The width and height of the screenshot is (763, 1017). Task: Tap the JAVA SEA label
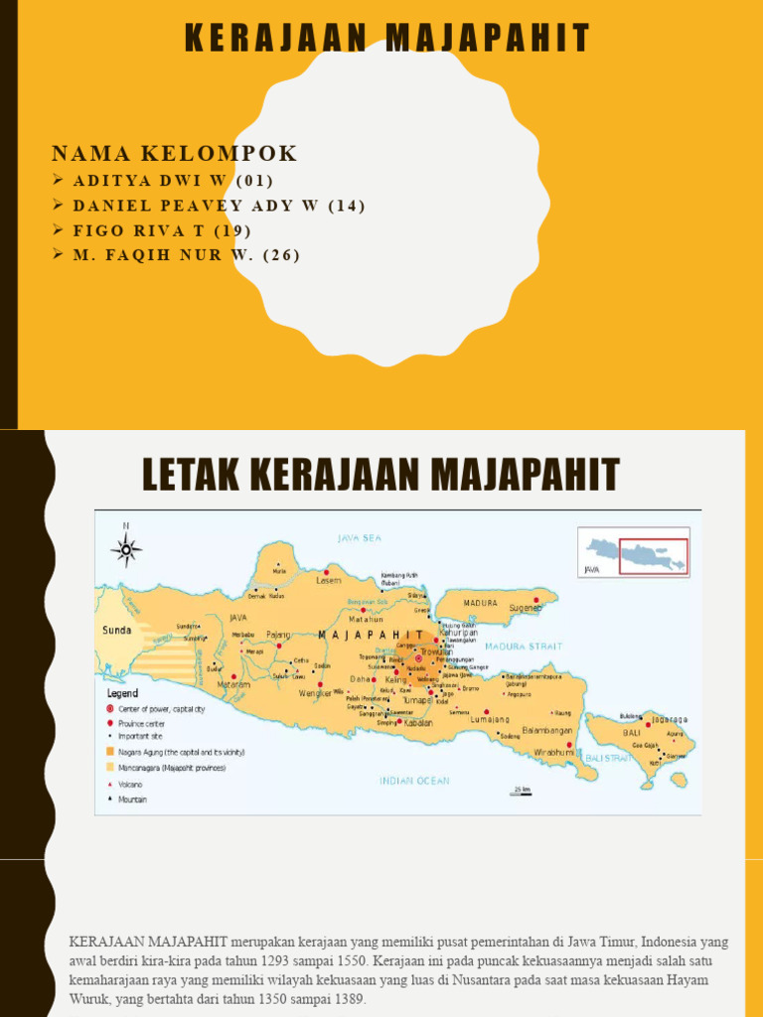tap(360, 538)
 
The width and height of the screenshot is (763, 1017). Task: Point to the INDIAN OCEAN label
tap(414, 781)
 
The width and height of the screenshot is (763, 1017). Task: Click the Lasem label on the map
tap(329, 580)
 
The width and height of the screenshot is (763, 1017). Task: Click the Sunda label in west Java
tap(117, 630)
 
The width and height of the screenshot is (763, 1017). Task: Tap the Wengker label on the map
tap(315, 693)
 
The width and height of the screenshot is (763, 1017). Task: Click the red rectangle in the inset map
tap(653, 556)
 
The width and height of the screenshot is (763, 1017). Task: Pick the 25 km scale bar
tap(521, 791)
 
